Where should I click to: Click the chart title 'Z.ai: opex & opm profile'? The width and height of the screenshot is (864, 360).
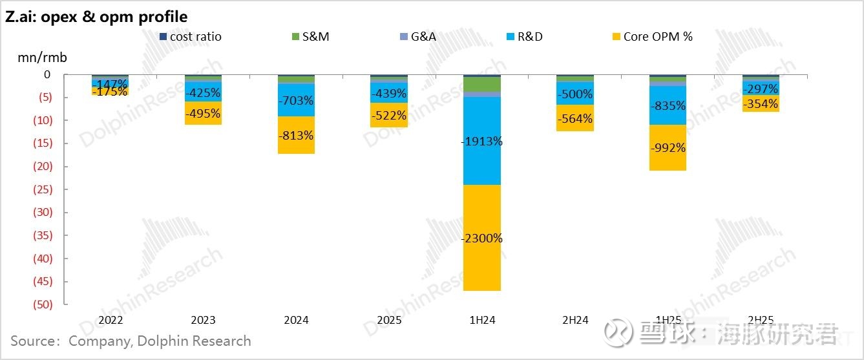[x=96, y=17]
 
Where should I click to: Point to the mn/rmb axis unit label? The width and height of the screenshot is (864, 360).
[x=42, y=58]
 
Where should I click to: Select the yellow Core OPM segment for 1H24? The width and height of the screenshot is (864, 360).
[x=481, y=265]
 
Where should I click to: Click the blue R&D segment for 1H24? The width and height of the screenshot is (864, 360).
[x=481, y=162]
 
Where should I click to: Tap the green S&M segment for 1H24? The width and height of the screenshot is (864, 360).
[x=481, y=84]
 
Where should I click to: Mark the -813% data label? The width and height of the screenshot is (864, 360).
[x=296, y=136]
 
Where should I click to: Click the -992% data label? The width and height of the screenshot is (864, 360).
[x=668, y=148]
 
